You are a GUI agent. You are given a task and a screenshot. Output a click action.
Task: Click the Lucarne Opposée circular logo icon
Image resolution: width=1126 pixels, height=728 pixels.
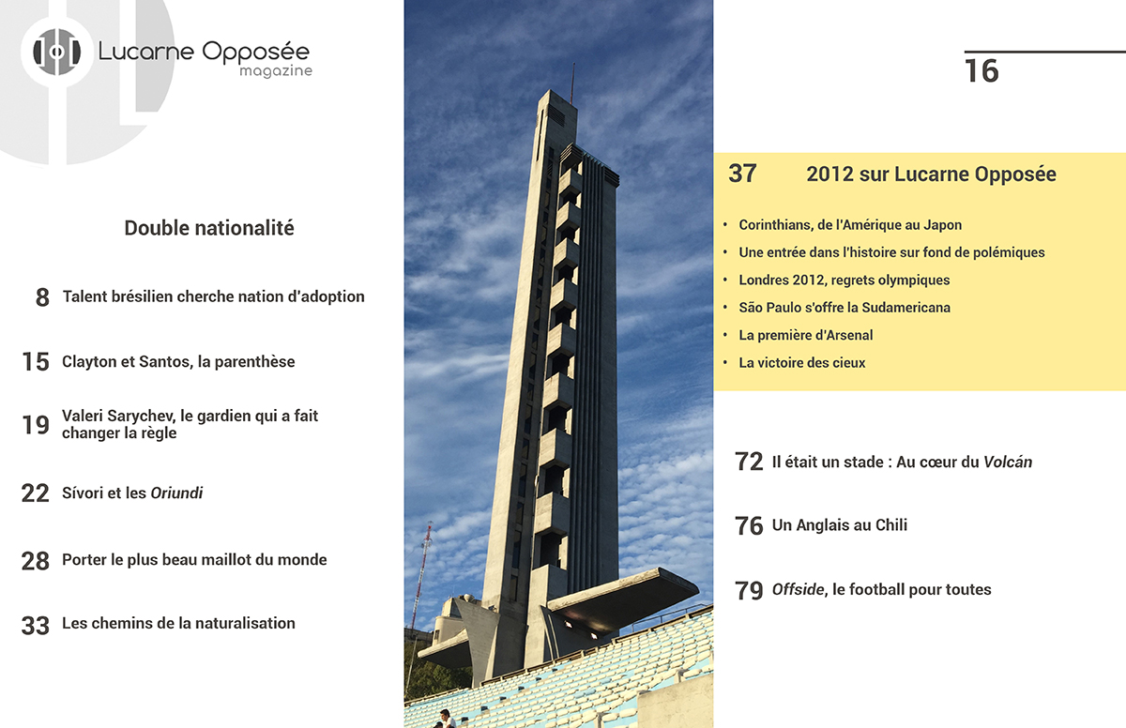coord(57,53)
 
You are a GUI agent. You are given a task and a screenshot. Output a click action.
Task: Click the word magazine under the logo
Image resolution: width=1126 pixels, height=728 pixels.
coord(275,71)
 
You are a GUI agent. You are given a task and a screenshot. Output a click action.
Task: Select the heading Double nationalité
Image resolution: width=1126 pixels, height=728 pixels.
coord(209,228)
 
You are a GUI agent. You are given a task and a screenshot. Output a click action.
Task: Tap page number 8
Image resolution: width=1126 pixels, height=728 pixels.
coord(42,298)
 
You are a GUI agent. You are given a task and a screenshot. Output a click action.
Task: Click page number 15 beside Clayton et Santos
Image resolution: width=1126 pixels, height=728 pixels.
coord(36,362)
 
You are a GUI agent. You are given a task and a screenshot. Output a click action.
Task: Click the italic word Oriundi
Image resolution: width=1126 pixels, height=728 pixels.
coord(176,493)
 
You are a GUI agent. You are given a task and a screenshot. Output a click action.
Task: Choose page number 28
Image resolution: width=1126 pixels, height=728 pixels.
coord(36,561)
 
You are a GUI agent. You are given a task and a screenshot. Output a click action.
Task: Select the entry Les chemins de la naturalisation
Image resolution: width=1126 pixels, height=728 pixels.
coord(178,623)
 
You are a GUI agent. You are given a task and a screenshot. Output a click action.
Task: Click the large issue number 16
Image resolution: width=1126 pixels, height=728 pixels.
coord(981,71)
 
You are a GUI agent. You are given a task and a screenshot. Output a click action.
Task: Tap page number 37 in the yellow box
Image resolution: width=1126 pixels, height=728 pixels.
coord(742,174)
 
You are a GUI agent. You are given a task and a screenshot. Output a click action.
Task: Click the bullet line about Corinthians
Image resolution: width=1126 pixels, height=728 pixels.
coord(850,225)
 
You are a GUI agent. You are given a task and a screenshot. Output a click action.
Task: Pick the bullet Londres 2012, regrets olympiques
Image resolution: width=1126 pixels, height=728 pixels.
coord(844,280)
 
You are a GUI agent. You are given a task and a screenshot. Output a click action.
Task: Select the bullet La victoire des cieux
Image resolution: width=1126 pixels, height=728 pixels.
coord(801,362)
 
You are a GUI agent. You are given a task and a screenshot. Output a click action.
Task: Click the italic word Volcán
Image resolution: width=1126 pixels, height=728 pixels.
coord(1008,462)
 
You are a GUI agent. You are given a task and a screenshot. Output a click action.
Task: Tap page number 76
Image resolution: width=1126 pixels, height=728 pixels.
coord(749,526)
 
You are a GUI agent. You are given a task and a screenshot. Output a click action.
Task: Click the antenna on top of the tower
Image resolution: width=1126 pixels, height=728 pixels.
coord(571,83)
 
